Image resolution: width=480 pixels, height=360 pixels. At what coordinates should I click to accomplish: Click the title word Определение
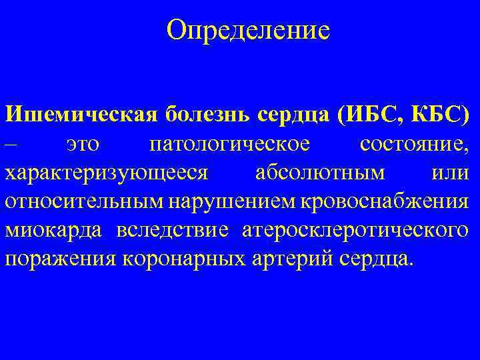coord(249,30)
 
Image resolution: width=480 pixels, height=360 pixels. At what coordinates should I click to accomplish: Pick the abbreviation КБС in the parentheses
coord(436,113)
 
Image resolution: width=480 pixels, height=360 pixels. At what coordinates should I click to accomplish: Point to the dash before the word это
coord(14,143)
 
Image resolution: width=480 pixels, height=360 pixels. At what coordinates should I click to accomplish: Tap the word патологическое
coord(229,143)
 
